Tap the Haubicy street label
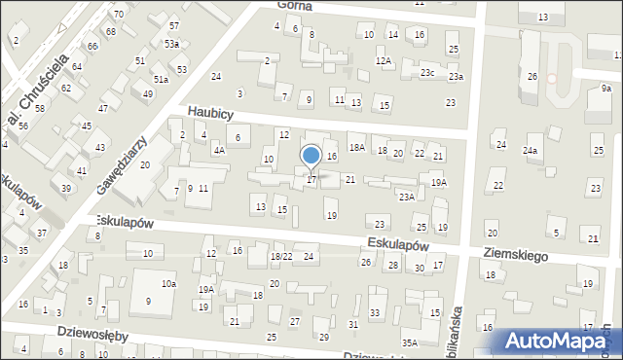click(210, 114)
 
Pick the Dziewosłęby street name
click(66, 335)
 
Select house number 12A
click(384, 61)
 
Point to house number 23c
click(427, 73)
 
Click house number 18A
click(357, 147)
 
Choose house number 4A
click(220, 151)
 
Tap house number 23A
click(406, 197)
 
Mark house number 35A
click(411, 342)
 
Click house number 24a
click(530, 151)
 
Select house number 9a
click(605, 89)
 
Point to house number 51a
click(160, 79)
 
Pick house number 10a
click(168, 283)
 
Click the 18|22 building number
click(281, 256)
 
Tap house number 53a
click(171, 44)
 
